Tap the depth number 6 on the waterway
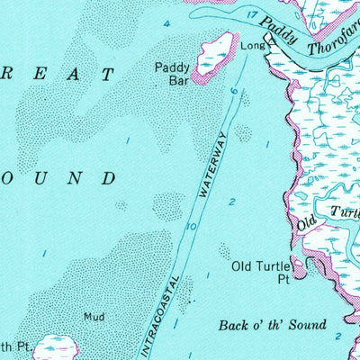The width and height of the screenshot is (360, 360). point(233,92)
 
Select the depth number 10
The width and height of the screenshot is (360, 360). point(191,227)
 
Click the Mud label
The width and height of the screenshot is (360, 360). point(94,317)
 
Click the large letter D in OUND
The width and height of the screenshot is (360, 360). point(108,178)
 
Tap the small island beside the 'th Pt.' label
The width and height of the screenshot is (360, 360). point(60,347)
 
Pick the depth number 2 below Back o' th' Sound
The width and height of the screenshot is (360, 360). point(337,337)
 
